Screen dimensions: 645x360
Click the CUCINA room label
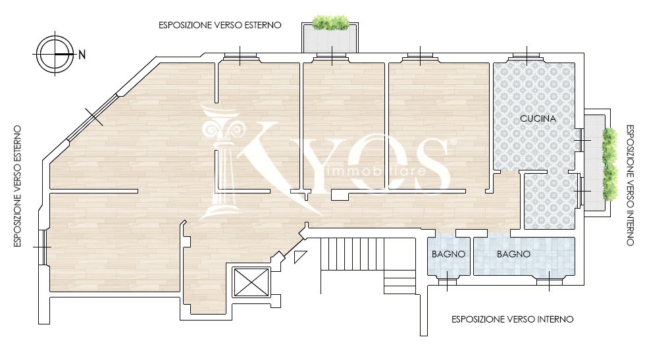pyautogui.click(x=538, y=118)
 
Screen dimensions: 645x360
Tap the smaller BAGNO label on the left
pyautogui.click(x=448, y=254)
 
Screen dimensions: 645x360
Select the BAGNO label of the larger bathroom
pyautogui.click(x=513, y=254)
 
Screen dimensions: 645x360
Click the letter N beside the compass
pyautogui.click(x=82, y=55)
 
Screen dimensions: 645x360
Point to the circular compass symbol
pyautogui.click(x=55, y=55)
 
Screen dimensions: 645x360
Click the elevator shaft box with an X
pyautogui.click(x=251, y=282)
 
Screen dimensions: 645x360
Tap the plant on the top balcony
pyautogui.click(x=330, y=22)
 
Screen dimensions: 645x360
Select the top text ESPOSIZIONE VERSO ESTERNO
pyautogui.click(x=220, y=25)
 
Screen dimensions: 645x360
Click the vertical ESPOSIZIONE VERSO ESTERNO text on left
pyautogui.click(x=17, y=186)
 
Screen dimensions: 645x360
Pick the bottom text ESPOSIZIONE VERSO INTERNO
pyautogui.click(x=512, y=319)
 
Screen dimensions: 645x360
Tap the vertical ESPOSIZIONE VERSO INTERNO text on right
pyautogui.click(x=630, y=185)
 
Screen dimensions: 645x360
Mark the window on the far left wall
pyautogui.click(x=43, y=247)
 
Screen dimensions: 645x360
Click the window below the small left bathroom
pyautogui.click(x=447, y=282)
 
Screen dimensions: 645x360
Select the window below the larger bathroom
pyautogui.click(x=550, y=282)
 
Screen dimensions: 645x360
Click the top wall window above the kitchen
pyautogui.click(x=527, y=57)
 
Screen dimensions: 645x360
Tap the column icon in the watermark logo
pyautogui.click(x=219, y=163)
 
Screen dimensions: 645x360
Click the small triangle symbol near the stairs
pyautogui.click(x=299, y=256)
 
